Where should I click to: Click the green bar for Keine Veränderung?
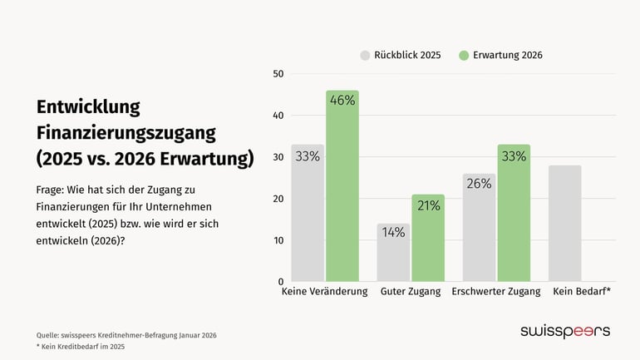[342, 191]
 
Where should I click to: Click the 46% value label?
[342, 101]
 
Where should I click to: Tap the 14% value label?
[393, 233]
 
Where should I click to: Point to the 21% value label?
[428, 205]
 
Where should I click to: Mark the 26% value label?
[479, 184]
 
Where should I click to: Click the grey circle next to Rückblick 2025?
[365, 55]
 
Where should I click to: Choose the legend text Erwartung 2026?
[507, 55]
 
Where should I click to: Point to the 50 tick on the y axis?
[278, 74]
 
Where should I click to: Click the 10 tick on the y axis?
[278, 240]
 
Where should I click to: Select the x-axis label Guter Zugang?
[410, 292]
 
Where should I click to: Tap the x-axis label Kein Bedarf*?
[581, 292]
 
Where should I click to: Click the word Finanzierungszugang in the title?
[126, 132]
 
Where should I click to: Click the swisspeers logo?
[564, 331]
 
